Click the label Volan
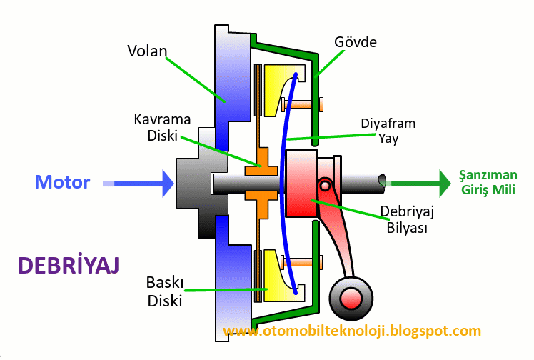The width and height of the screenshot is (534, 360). pos(147,51)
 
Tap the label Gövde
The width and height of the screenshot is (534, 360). pos(356,42)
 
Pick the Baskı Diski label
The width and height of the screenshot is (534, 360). pos(166,292)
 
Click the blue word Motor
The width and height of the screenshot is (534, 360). pos(63,182)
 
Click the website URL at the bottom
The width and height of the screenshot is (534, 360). pos(353,331)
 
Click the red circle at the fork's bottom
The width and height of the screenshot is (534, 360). pos(350,297)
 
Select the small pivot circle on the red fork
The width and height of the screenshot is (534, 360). pos(325,186)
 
